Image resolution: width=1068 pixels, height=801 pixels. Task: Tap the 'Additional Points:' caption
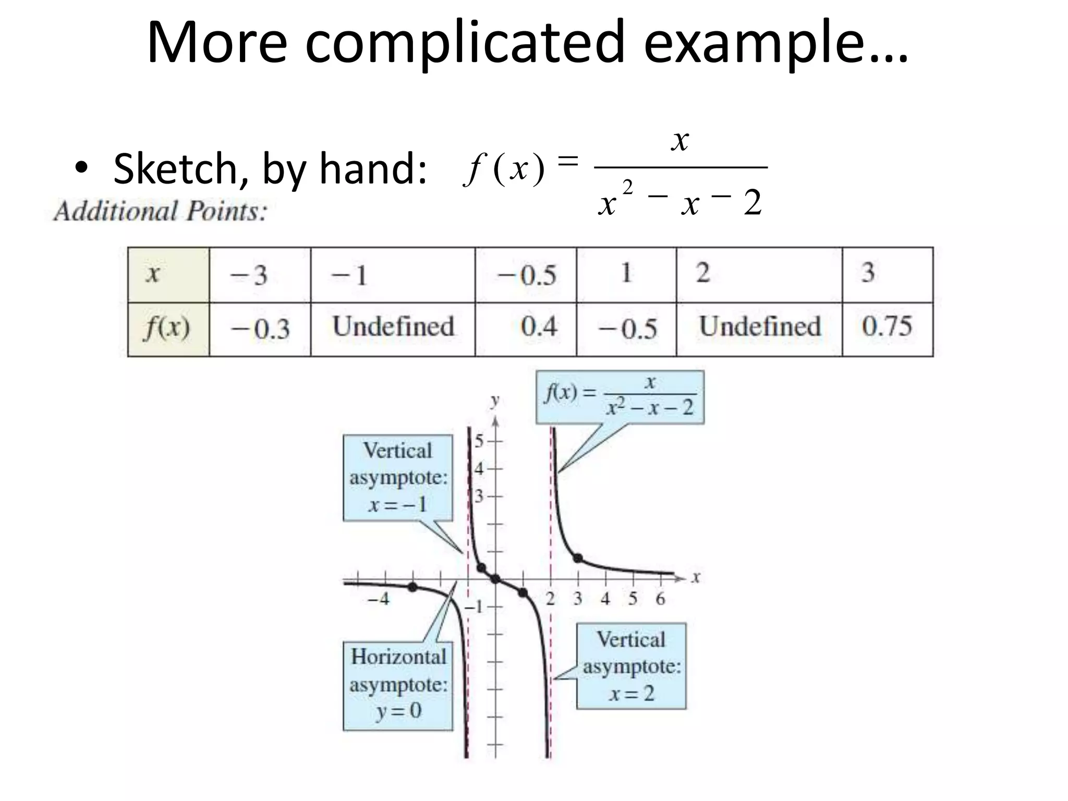click(160, 212)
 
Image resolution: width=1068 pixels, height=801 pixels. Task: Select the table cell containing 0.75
click(887, 327)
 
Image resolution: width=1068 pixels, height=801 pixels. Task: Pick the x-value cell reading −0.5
click(526, 275)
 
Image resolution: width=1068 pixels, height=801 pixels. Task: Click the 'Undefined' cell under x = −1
click(393, 327)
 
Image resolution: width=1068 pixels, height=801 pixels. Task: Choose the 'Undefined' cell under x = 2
click(760, 327)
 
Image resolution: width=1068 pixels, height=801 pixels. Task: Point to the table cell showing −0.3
click(260, 329)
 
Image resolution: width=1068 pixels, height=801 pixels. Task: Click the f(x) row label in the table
click(167, 328)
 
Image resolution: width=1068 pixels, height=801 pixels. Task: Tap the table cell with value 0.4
click(539, 327)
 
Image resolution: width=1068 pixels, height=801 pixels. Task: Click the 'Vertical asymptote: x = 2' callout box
click(631, 666)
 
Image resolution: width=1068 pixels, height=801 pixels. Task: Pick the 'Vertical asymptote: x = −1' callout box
click(398, 477)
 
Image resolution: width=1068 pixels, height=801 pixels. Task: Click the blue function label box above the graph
click(620, 397)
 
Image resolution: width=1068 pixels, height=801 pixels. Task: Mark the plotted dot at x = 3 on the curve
click(578, 559)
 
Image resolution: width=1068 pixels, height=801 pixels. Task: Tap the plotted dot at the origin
click(495, 578)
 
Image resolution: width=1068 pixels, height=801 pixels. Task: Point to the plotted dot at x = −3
click(412, 587)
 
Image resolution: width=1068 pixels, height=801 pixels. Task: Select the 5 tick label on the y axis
click(479, 441)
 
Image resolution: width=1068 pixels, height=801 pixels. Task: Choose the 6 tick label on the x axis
click(660, 599)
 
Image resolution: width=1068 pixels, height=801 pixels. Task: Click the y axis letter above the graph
click(495, 400)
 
